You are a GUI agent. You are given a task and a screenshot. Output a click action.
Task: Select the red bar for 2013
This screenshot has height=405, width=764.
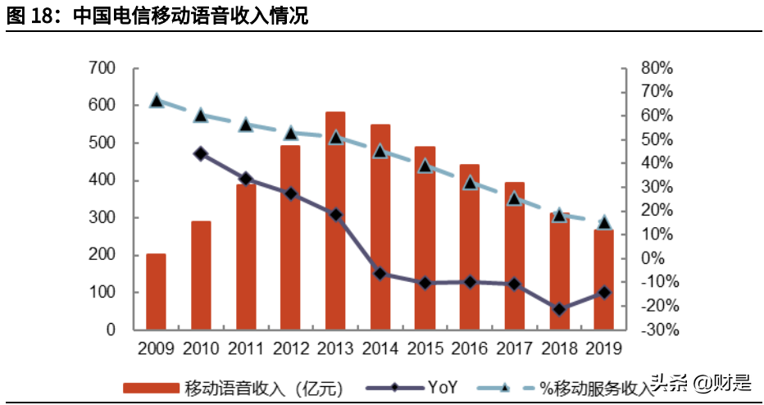(334, 221)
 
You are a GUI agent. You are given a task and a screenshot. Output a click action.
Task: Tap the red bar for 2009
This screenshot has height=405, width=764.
(156, 292)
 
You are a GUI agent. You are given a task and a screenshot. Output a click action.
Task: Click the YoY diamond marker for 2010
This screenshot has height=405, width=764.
(201, 153)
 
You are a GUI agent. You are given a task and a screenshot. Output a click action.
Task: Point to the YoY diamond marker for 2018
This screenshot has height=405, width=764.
(559, 309)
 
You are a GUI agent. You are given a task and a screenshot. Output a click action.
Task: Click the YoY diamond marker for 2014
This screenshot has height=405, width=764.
(380, 273)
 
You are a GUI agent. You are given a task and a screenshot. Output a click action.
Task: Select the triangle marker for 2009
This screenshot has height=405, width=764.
(156, 101)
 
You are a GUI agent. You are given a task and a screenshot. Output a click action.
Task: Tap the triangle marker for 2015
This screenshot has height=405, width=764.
(425, 166)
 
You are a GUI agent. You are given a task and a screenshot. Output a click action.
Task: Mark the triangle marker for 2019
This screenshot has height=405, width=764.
(603, 222)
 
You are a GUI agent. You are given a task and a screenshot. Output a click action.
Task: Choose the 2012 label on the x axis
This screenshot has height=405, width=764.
(290, 349)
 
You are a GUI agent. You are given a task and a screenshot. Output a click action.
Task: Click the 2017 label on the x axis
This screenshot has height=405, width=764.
(514, 349)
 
